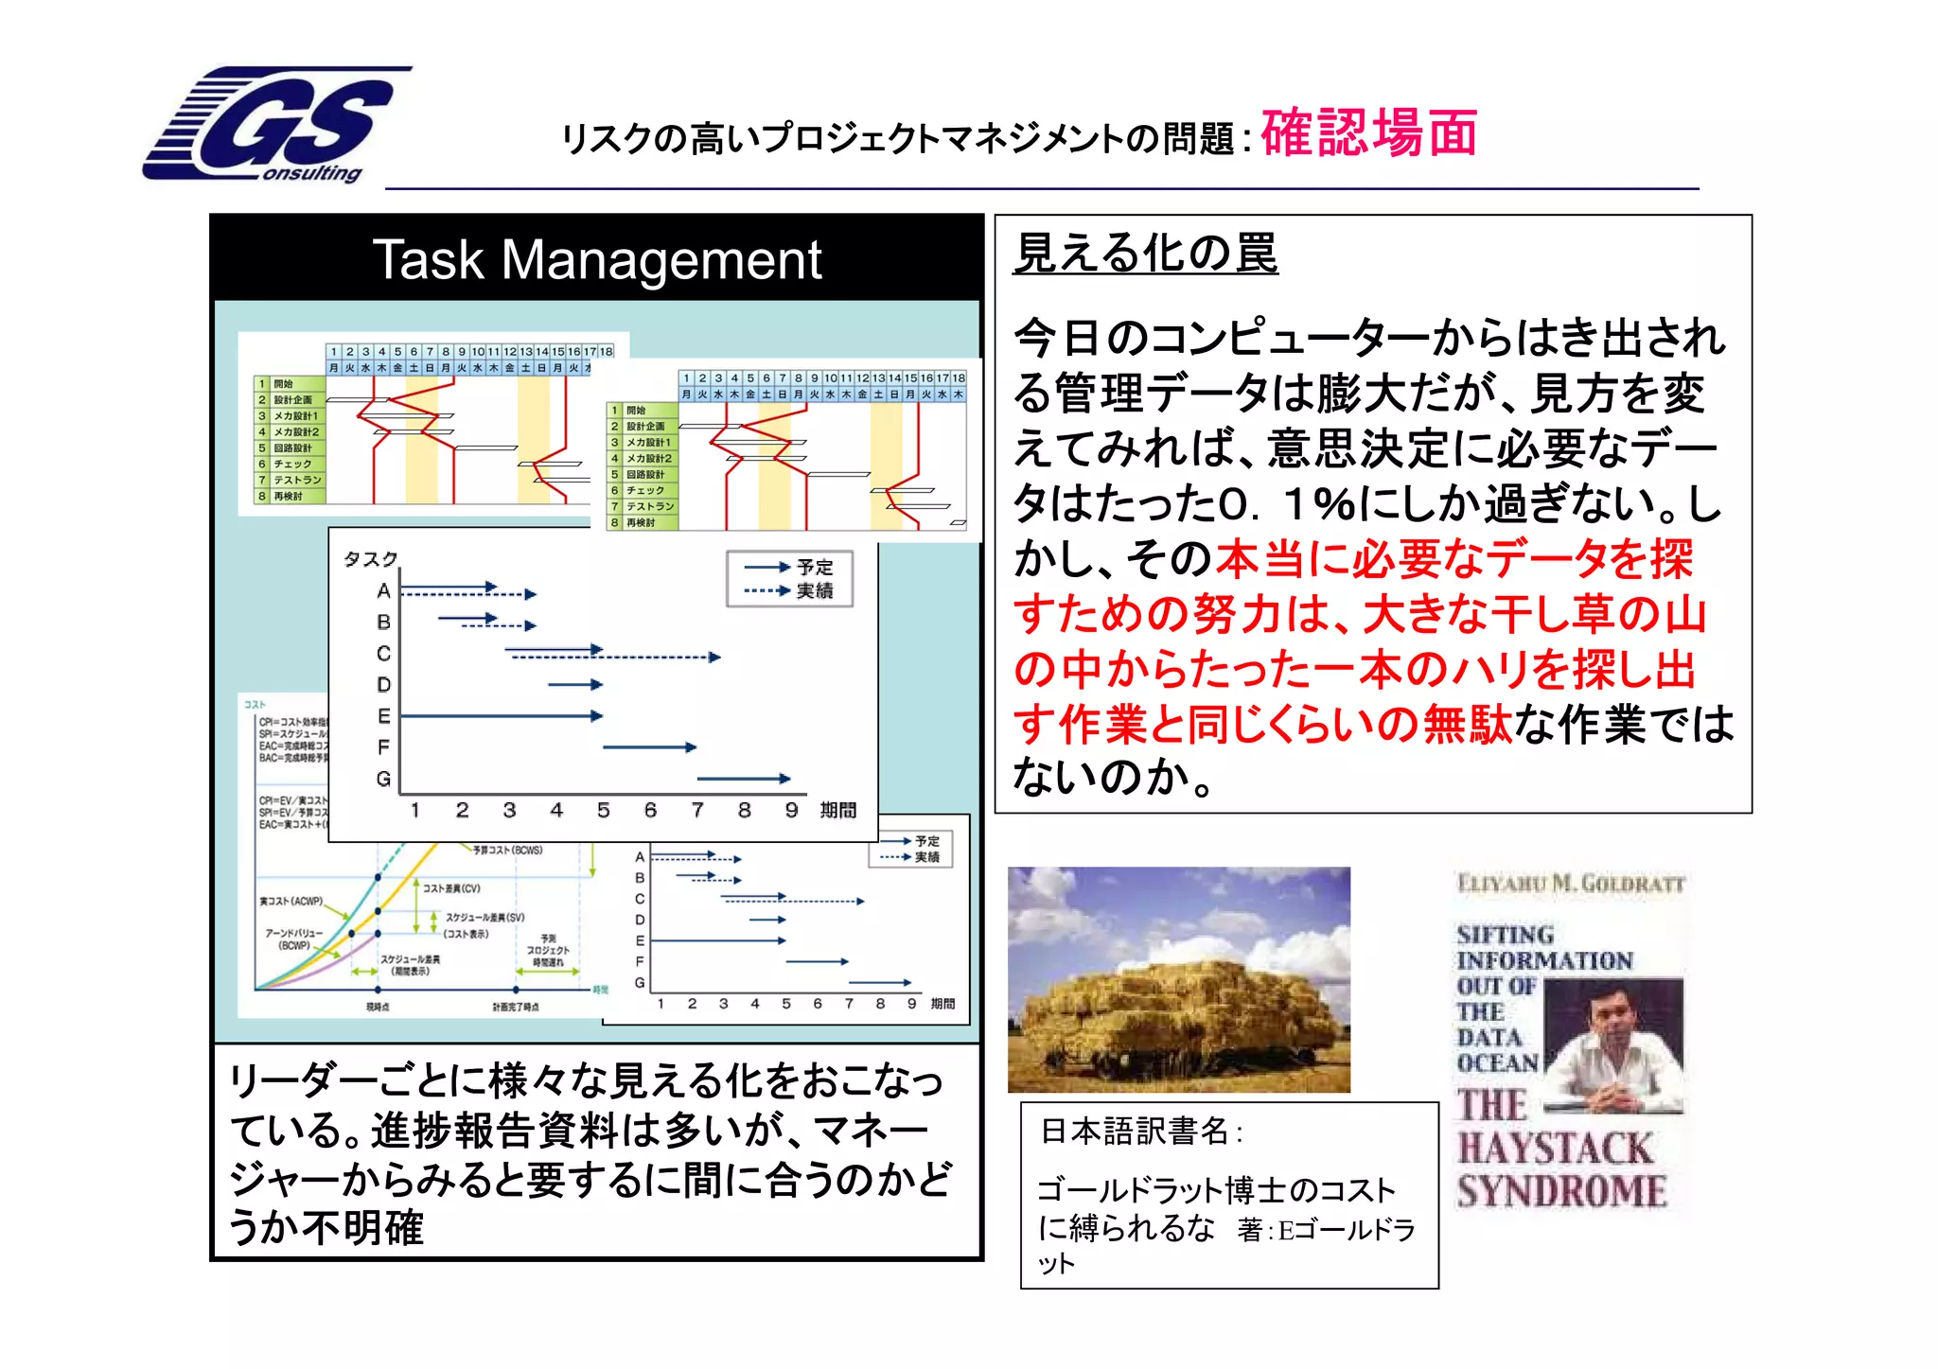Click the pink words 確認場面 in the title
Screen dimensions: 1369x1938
click(x=1368, y=133)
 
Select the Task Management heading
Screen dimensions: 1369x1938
click(x=596, y=259)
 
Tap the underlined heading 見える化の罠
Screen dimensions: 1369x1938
click(x=1145, y=254)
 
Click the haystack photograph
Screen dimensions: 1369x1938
click(x=1178, y=979)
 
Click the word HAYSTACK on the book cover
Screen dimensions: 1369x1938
click(x=1555, y=1149)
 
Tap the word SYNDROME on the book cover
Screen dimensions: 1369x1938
click(x=1561, y=1191)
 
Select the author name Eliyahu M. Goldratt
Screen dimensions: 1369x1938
click(x=1571, y=884)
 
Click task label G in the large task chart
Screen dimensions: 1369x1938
click(x=383, y=779)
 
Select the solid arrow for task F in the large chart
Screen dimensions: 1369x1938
click(x=649, y=747)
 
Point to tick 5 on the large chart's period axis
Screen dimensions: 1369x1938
click(x=603, y=810)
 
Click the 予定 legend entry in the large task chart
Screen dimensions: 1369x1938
click(x=814, y=567)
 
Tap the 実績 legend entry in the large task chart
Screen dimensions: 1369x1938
click(x=814, y=591)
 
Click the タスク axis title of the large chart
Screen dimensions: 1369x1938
click(x=370, y=559)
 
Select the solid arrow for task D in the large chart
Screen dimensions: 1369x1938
click(x=574, y=684)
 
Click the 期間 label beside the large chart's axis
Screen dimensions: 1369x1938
click(x=837, y=810)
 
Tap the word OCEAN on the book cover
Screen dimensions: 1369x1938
click(x=1498, y=1062)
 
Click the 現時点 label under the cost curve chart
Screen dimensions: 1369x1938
click(x=378, y=1007)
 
